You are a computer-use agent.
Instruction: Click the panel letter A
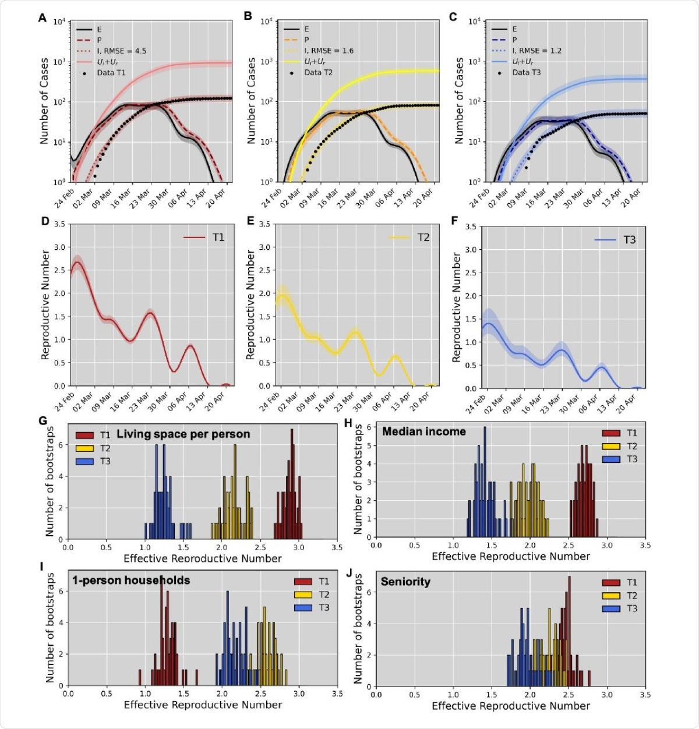(42, 18)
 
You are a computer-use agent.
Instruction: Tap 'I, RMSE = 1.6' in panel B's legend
(329, 51)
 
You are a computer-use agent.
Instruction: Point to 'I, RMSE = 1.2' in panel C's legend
(536, 51)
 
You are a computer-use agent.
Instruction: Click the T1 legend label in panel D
(218, 238)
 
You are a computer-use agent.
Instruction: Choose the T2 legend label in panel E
(423, 238)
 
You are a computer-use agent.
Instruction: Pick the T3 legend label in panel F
(630, 240)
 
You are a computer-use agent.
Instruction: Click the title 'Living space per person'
(183, 434)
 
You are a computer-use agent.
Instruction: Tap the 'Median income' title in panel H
(423, 431)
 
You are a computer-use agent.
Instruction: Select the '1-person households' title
(131, 581)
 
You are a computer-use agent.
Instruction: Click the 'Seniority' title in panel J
(405, 582)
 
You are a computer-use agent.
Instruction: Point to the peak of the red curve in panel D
(77, 262)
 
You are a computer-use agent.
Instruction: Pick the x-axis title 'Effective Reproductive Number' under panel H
(510, 557)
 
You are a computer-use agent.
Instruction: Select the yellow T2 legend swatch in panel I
(303, 594)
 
